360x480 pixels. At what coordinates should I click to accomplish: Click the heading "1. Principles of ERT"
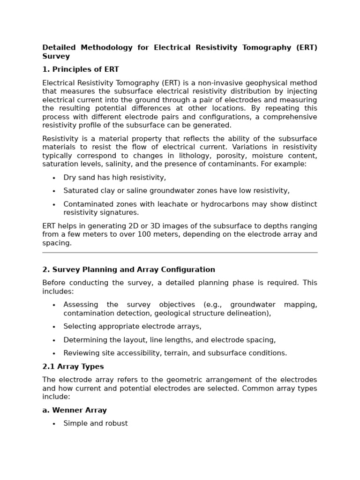(x=80, y=69)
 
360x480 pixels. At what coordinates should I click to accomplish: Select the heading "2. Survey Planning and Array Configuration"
(x=128, y=270)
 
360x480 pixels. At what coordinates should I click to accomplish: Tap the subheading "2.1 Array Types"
(x=73, y=367)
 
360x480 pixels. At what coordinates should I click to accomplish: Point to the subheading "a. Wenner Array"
(x=74, y=410)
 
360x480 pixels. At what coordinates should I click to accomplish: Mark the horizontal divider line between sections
(x=180, y=253)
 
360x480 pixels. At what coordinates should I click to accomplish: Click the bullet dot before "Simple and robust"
(x=54, y=424)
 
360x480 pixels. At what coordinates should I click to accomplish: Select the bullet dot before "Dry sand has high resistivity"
(x=54, y=178)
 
